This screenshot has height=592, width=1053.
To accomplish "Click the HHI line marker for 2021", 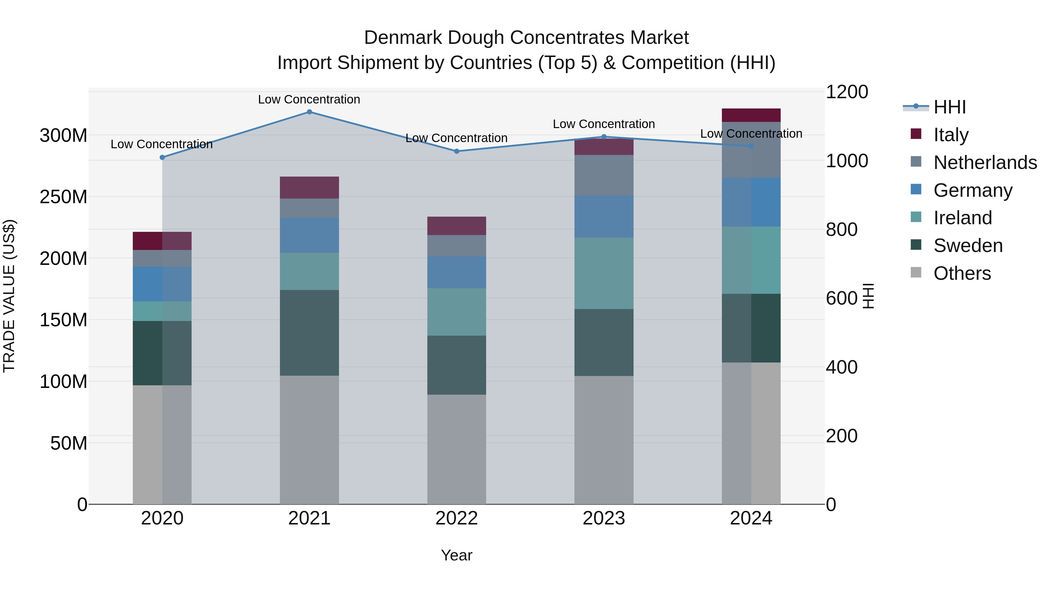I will coord(309,112).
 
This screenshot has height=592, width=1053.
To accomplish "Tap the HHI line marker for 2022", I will coord(457,151).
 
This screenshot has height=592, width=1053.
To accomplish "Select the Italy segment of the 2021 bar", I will coord(309,187).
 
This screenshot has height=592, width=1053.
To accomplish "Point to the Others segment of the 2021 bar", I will coord(309,440).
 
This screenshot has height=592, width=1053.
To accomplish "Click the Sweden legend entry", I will coord(968,246).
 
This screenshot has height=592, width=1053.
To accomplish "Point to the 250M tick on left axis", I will coord(63,197).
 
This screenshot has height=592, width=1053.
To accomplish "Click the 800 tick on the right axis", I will coord(841,229).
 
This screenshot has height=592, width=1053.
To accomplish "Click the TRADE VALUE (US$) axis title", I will coord(9,296).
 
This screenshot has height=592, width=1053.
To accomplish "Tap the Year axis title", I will coord(456,555).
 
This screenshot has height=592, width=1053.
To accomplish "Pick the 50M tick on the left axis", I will coord(69,443).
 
